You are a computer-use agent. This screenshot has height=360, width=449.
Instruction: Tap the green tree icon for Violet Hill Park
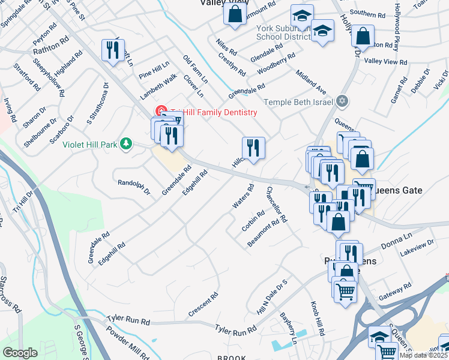(x=126, y=143)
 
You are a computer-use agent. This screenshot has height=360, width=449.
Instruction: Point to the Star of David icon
(x=342, y=101)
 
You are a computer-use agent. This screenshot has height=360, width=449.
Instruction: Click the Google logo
(x=20, y=353)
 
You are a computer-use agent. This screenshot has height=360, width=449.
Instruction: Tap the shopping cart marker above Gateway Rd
(x=345, y=292)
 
